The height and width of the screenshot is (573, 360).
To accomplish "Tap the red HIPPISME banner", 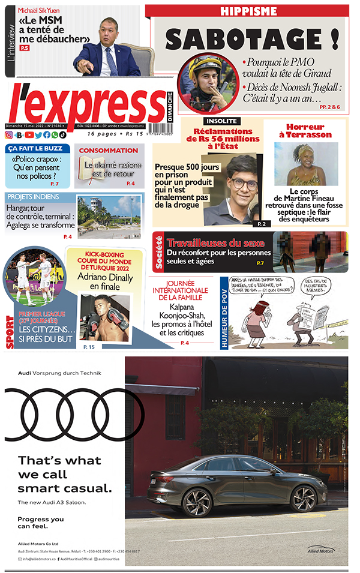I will pos(248,11).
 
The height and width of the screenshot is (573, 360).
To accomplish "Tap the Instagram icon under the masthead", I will pos(8,135).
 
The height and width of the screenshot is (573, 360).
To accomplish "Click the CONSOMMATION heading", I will pos(109,151).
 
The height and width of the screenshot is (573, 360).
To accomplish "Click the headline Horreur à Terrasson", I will pos(305,131).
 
